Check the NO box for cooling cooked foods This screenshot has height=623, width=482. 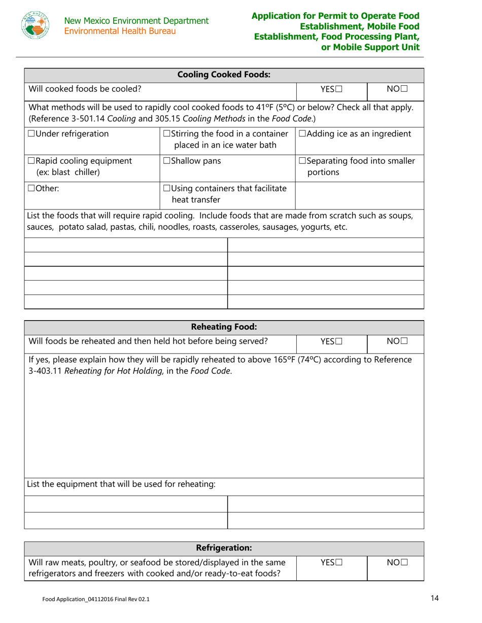tap(404, 90)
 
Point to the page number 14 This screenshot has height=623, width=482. tap(434, 599)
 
